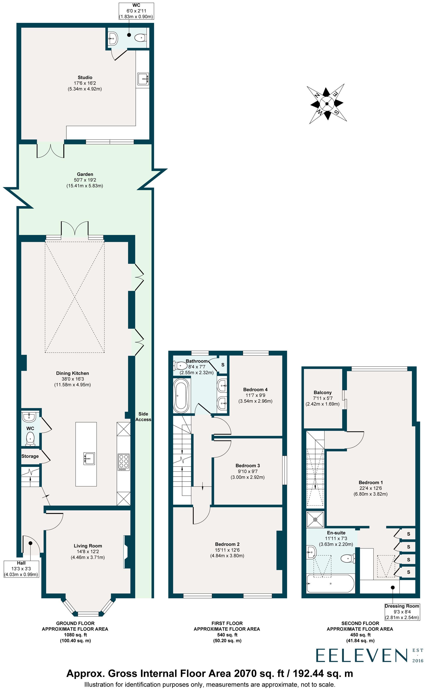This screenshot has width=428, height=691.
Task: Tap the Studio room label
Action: point(85,77)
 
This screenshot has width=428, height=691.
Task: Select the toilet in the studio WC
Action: point(140,38)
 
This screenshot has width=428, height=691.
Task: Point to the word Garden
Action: point(85,174)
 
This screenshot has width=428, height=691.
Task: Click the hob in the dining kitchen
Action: point(124,462)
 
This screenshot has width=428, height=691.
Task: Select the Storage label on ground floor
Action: point(30,456)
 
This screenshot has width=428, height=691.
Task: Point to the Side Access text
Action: point(143,417)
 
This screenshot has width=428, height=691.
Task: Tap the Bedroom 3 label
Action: point(247,466)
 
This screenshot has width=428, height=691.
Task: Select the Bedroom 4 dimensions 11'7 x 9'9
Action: point(255,395)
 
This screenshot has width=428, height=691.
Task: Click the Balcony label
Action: point(322,392)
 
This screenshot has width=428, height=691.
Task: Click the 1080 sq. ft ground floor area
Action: point(75,635)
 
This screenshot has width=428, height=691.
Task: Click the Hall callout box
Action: point(21,569)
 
